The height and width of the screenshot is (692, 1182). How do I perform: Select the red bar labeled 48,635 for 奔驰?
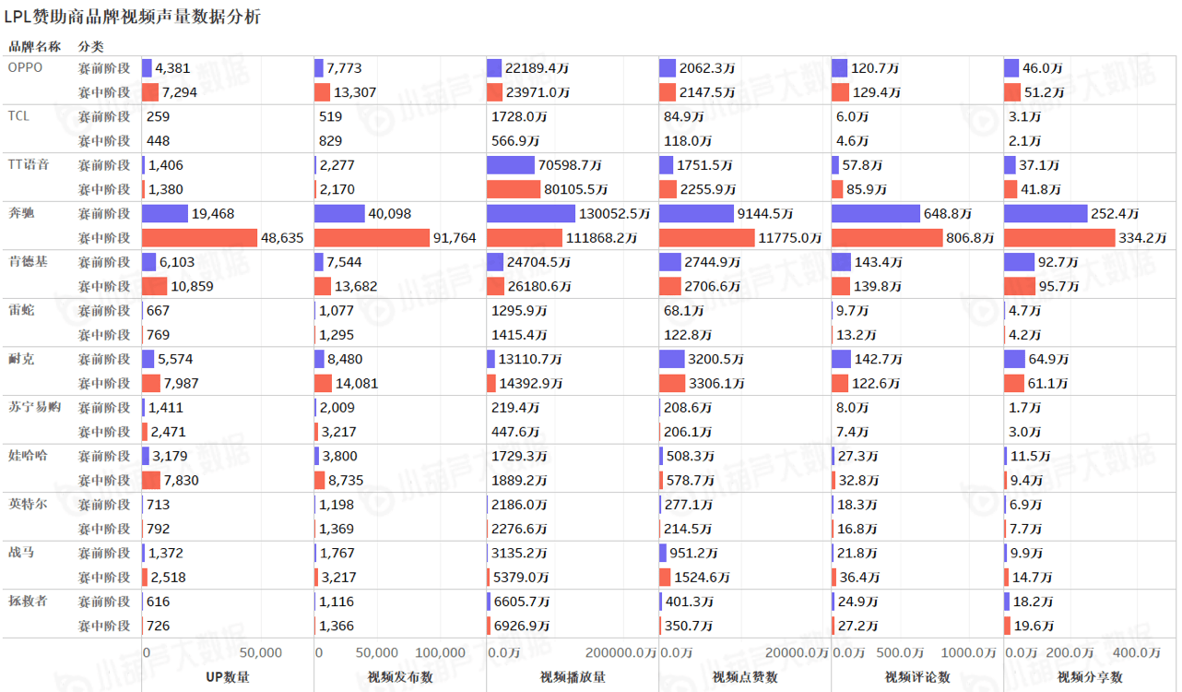199,237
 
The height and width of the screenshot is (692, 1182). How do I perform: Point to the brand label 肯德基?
28,261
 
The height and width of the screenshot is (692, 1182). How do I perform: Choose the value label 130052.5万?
616,213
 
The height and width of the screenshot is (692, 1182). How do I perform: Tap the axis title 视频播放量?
573,677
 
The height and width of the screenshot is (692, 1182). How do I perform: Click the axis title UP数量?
227,677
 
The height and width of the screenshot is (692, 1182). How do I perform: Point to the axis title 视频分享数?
1090,677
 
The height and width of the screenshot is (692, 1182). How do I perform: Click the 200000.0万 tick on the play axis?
616,653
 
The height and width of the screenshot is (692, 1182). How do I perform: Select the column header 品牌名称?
35,46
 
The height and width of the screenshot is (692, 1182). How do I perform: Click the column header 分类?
91,46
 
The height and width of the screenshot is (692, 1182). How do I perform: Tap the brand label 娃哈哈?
28,455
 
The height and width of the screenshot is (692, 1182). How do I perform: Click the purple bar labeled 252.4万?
1046,213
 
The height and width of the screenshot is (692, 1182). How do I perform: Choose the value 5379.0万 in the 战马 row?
520,578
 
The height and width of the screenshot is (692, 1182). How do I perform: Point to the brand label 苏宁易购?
34,407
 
